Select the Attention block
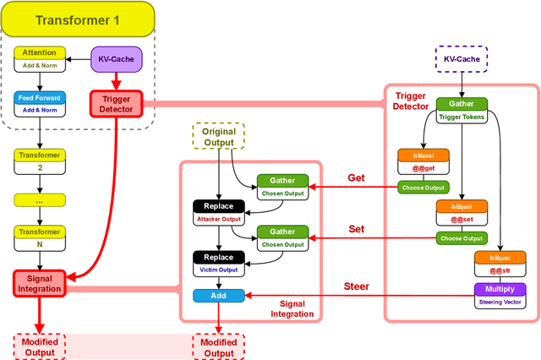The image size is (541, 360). coord(40,58)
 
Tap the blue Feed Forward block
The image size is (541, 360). coord(40,104)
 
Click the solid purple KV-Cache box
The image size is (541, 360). coord(116,59)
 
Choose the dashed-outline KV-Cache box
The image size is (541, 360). coord(461,60)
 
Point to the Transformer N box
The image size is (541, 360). coord(40,237)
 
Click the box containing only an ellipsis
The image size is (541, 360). coord(40,200)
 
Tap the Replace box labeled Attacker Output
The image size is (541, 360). coord(219,211)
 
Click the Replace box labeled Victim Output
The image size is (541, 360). coord(219,264)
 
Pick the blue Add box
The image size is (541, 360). coord(219,296)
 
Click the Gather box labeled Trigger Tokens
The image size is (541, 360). coord(461,110)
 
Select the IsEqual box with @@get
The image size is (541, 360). coord(424,162)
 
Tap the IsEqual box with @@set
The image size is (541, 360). coord(461,212)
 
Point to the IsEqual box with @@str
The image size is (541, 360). coord(500,263)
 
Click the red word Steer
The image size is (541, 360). coord(356,286)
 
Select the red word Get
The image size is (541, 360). coord(356,178)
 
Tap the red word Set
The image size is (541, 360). coord(356,229)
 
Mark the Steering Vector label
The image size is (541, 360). coord(500,302)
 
